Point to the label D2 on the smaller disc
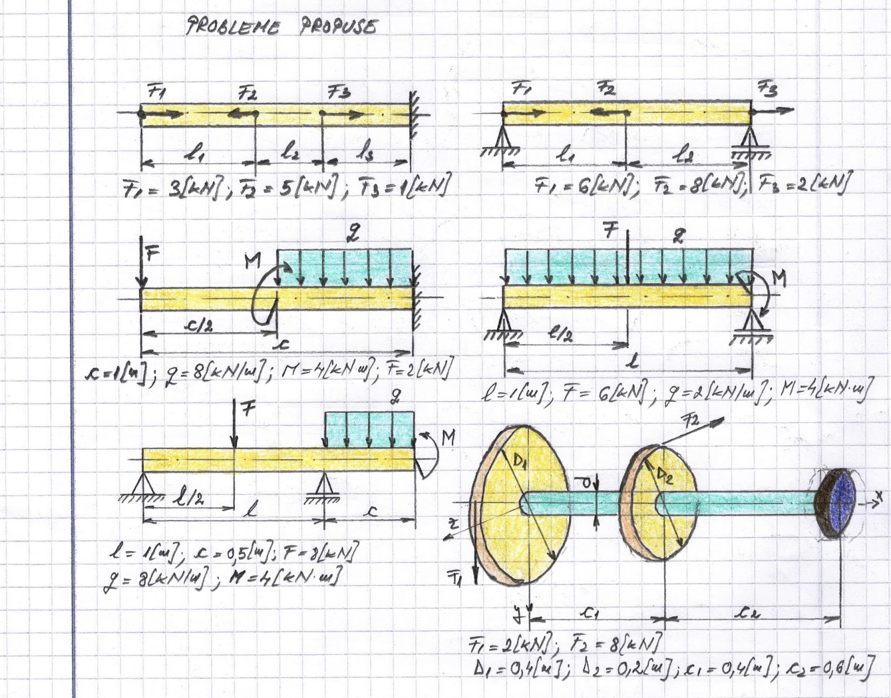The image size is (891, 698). coord(664,476)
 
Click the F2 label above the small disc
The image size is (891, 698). coord(692,421)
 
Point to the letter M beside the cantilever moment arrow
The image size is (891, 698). coord(252,260)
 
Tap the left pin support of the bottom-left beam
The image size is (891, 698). coord(144,484)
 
